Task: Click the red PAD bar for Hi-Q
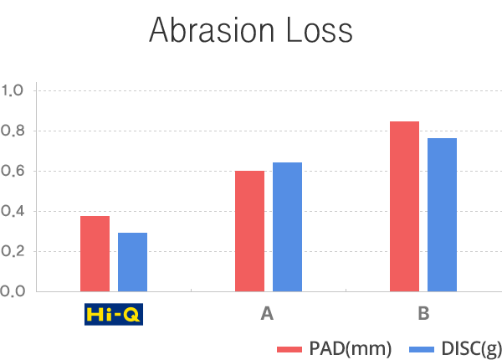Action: [95, 253]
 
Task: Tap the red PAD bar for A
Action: [249, 230]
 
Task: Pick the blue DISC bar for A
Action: [287, 226]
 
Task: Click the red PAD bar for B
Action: [404, 206]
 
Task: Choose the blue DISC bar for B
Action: [442, 214]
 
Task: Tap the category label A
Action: [267, 315]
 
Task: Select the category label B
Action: [423, 315]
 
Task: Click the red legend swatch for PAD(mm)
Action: [290, 347]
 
